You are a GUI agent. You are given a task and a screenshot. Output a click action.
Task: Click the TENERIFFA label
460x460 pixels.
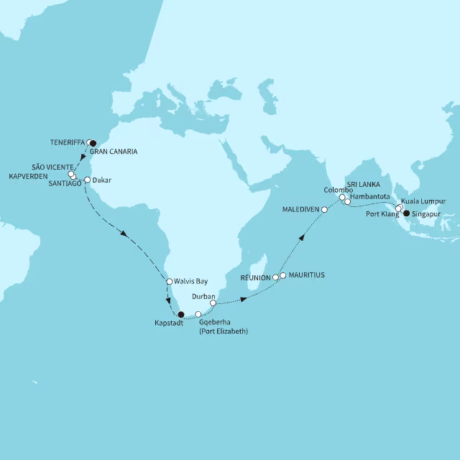point(68,142)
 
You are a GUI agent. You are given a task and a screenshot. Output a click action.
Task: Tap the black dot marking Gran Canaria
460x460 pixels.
point(92,143)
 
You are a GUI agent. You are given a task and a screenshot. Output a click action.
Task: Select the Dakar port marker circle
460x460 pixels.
point(87,180)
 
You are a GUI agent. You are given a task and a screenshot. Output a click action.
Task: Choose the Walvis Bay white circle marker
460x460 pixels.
point(169,282)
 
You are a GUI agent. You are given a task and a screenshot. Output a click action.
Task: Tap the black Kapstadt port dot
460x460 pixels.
point(180,314)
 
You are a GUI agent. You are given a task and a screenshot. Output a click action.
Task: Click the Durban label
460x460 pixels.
point(204,295)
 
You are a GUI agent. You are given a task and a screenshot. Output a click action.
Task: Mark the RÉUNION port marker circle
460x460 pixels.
point(275,277)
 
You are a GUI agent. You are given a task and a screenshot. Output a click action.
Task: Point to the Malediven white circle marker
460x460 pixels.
point(324,210)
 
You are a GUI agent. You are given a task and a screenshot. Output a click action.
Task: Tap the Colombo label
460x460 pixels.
point(338,190)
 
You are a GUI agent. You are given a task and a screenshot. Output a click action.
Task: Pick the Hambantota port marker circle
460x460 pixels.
point(347,202)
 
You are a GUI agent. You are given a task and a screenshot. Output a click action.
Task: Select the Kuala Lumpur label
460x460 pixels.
point(423,201)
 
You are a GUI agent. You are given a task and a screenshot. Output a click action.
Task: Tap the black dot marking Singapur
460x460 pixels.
point(406,213)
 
